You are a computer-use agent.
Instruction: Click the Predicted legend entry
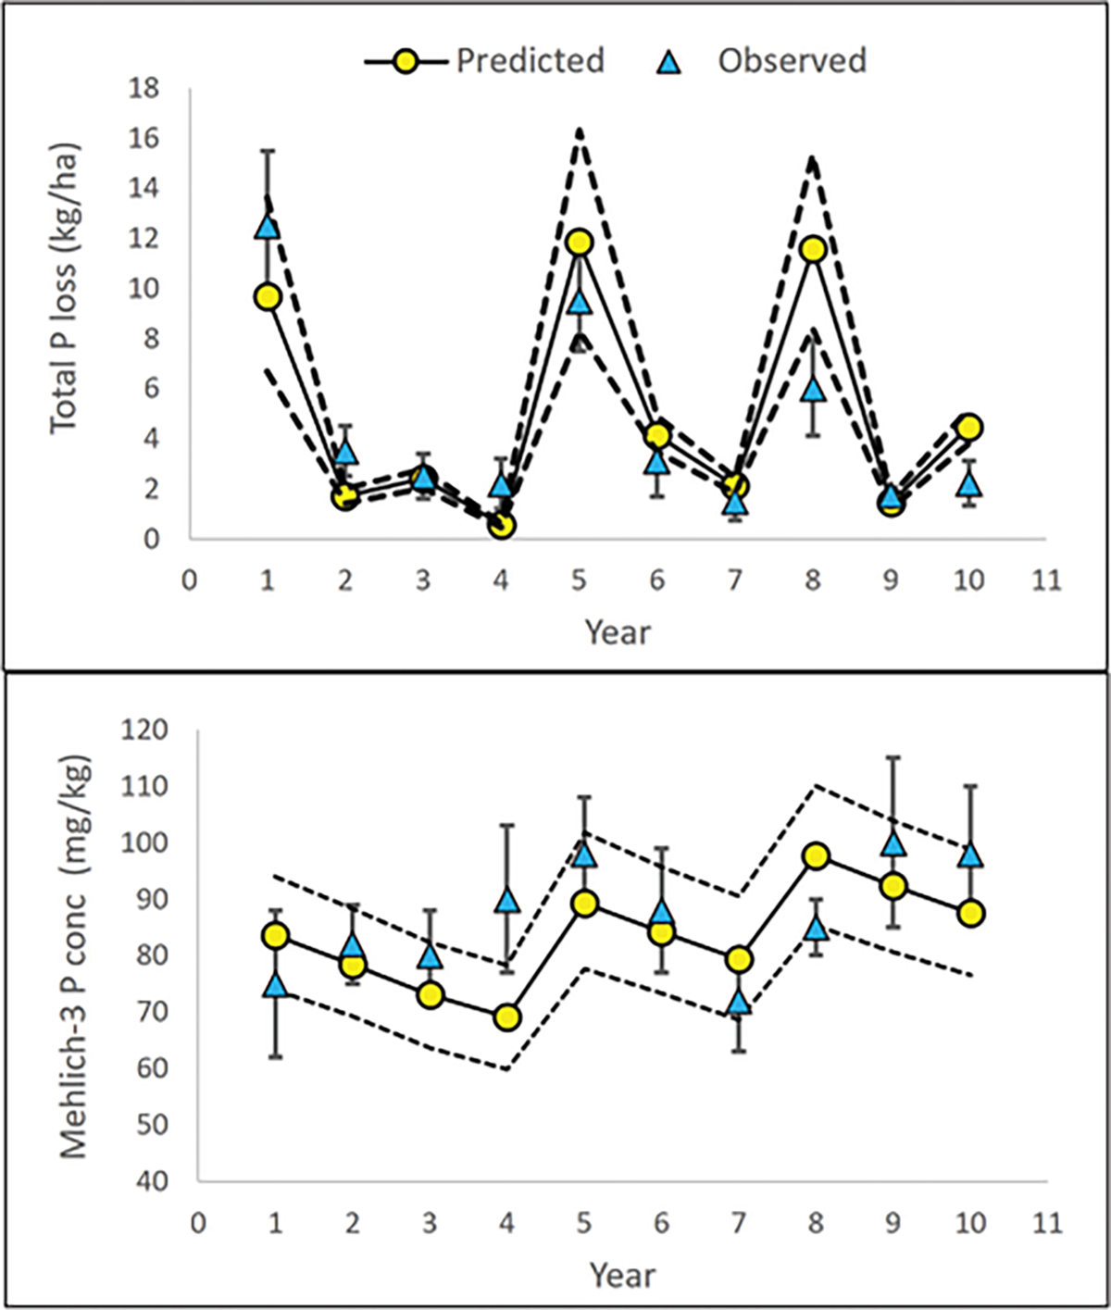530,61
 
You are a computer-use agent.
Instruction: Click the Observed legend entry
792,61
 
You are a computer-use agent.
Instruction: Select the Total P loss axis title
64,289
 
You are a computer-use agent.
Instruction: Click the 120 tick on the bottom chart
144,730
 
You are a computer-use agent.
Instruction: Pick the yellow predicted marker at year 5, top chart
580,243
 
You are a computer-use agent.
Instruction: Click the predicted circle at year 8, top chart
813,249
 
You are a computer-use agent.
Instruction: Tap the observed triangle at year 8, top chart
813,389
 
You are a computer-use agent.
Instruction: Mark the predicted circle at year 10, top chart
969,427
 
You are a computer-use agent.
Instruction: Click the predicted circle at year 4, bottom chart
507,1017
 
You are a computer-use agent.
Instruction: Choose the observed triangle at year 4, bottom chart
507,900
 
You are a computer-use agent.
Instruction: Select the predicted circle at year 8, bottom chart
815,855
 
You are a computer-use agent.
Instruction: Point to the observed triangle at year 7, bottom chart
738,1002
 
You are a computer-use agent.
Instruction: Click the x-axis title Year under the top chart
618,633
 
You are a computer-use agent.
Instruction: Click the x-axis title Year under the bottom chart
622,1276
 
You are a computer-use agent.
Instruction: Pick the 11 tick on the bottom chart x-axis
1046,1223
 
